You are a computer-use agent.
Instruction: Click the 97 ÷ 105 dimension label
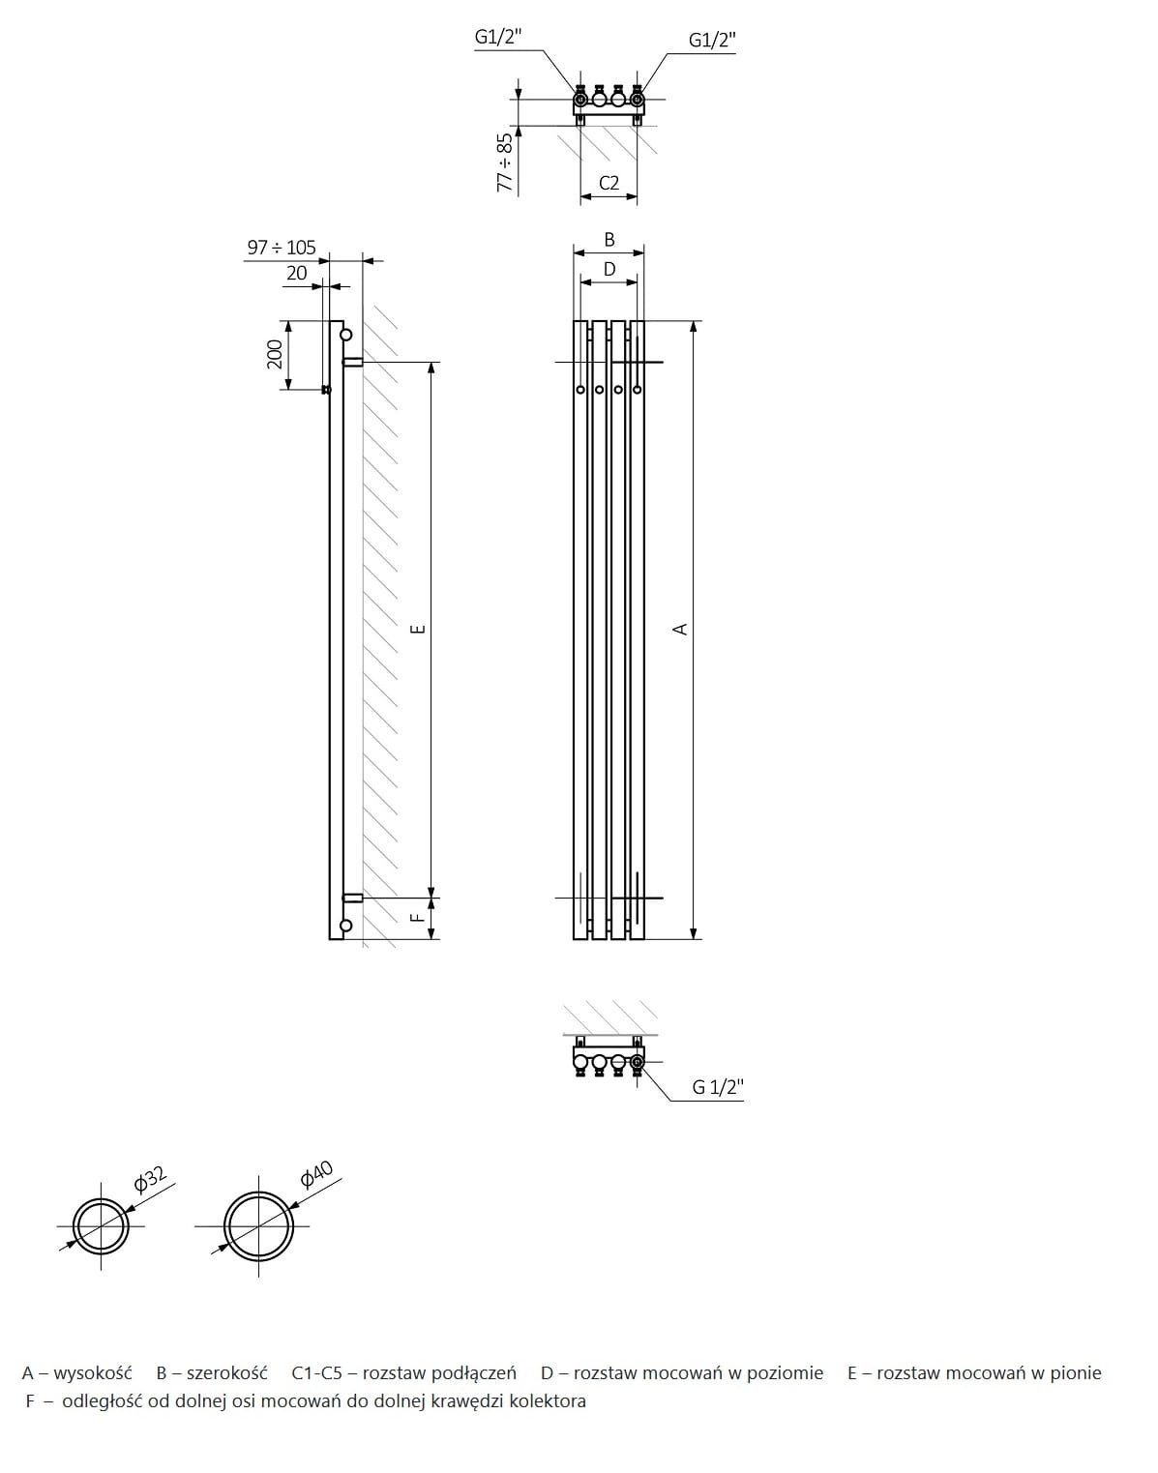pos(282,248)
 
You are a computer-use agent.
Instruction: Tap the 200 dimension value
pos(275,355)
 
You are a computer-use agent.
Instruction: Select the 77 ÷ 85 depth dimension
pos(506,162)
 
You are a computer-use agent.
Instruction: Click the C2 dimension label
pos(609,183)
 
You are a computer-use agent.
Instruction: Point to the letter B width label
pos(609,239)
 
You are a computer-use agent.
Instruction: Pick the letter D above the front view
pos(609,269)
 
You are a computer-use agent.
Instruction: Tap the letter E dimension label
pos(419,629)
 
